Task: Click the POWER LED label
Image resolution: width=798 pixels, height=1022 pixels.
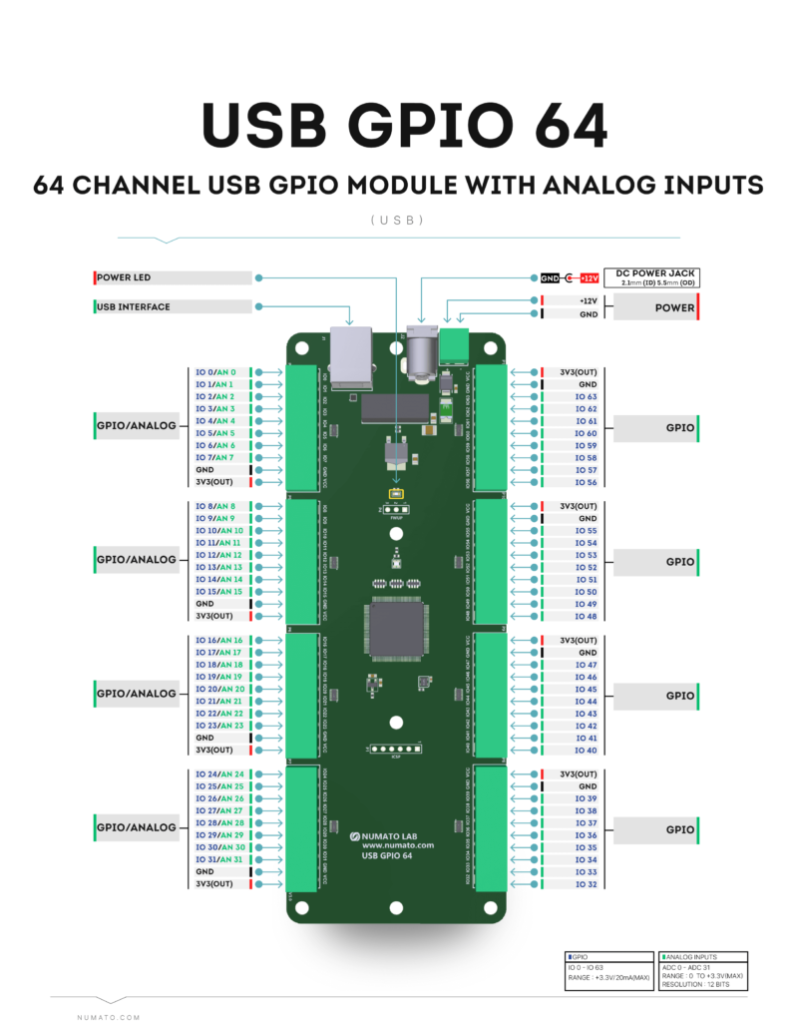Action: pos(125,277)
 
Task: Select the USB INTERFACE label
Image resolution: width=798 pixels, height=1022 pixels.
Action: pos(134,307)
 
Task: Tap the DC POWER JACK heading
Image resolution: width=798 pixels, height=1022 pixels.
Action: pos(655,272)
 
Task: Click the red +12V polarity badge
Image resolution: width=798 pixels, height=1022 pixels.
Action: pos(588,277)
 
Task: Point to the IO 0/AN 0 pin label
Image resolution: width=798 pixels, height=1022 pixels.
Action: pos(215,372)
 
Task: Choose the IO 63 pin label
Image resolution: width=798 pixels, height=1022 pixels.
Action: pos(587,396)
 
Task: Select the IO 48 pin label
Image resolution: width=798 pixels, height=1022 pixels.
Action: pos(587,617)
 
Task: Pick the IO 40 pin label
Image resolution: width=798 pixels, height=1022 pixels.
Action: pos(587,751)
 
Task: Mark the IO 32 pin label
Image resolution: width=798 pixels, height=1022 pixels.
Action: pos(587,884)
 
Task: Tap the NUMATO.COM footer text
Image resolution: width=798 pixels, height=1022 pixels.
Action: pos(109,1017)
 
